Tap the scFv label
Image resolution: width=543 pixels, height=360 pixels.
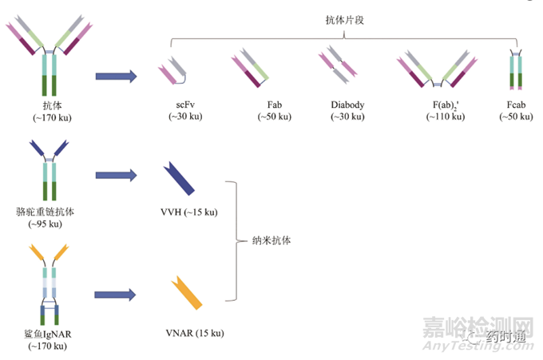click(185, 105)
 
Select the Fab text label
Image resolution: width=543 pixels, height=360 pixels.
click(275, 105)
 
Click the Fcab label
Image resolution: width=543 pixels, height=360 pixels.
click(515, 105)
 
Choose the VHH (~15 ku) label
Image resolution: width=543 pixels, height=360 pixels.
click(188, 212)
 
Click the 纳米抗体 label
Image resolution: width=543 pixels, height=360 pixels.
click(271, 239)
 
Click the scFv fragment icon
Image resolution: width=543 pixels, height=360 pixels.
click(176, 69)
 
